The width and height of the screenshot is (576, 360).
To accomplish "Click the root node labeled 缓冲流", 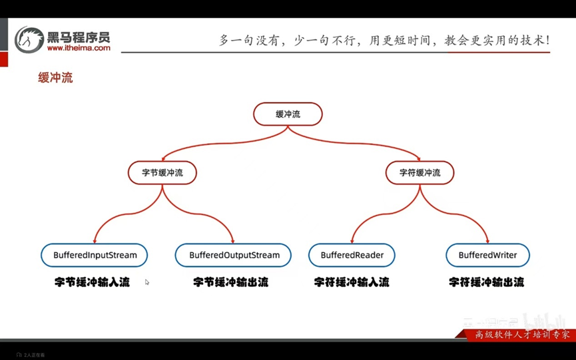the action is click(288, 114).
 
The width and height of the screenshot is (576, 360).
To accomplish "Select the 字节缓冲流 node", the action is click(162, 173).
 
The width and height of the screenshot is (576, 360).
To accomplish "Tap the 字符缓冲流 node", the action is click(420, 173).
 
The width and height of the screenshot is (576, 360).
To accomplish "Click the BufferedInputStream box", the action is click(95, 255).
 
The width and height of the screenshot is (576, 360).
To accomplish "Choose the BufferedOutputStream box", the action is click(234, 255).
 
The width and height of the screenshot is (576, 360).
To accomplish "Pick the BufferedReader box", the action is click(352, 255).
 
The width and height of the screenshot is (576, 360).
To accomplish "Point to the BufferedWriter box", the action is click(488, 255).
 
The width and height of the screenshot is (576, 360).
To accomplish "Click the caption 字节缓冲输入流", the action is click(92, 282).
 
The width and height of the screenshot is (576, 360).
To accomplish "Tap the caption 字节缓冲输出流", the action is click(230, 282).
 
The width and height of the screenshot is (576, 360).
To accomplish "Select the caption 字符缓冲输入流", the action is click(352, 282).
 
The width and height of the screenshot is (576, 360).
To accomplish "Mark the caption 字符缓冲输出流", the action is click(486, 282).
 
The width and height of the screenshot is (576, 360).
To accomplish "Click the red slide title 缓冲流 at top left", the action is click(55, 78).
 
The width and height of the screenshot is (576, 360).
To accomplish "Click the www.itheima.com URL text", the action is click(79, 48).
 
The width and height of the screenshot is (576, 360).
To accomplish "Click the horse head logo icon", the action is click(29, 39).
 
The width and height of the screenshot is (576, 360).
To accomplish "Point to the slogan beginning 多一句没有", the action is click(384, 40).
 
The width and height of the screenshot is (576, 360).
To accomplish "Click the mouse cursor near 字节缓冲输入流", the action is click(147, 282).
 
